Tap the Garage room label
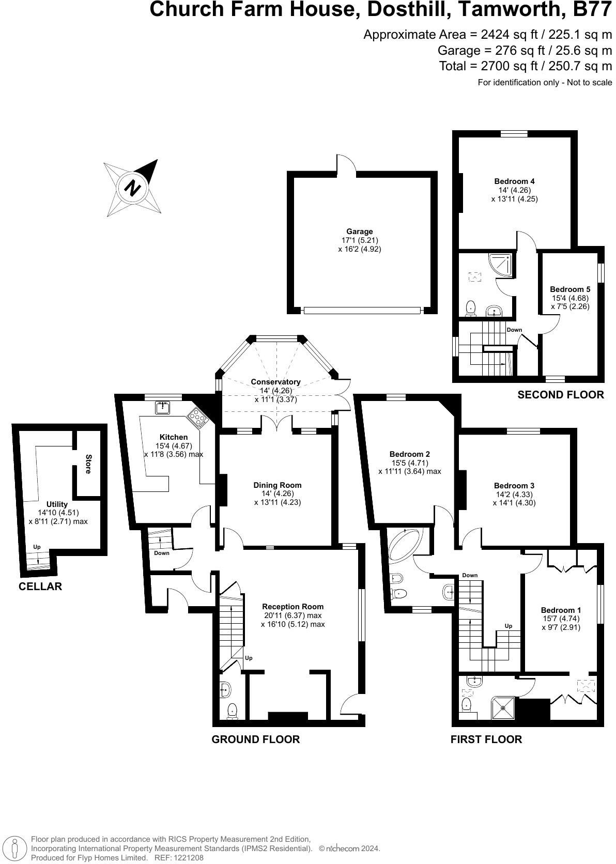(360, 232)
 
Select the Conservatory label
(275, 382)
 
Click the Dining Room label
(277, 485)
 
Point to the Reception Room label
(292, 607)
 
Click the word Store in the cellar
(88, 464)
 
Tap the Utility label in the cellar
(57, 504)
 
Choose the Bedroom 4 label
(514, 181)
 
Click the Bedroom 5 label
(570, 289)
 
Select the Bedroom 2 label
(410, 454)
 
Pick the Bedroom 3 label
(514, 486)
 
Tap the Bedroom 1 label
(561, 610)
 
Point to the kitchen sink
(163, 408)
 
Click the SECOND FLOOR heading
(560, 395)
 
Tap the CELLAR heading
(40, 587)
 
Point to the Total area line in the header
(525, 66)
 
